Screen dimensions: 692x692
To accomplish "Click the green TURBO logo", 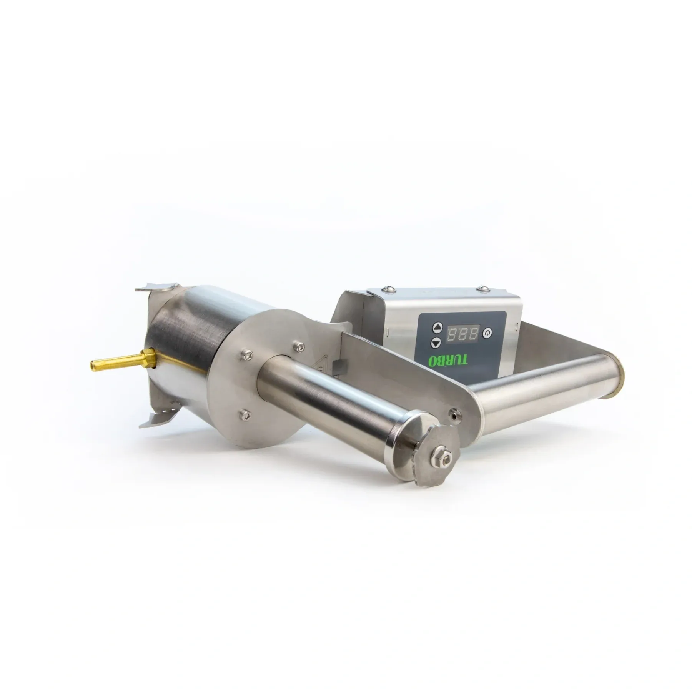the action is [448, 361].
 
